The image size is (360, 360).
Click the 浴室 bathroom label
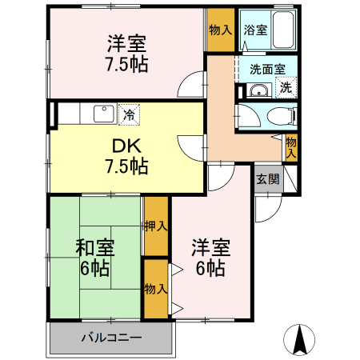coord(256,31)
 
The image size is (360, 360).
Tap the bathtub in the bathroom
coord(285,31)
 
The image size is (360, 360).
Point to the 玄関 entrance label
coord(268,179)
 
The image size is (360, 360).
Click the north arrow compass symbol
coord(300,339)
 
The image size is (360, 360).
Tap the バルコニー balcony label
coord(111,338)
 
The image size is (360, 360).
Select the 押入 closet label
coord(156,226)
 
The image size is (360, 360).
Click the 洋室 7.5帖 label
coord(127,53)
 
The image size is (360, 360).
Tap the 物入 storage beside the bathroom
coord(221,30)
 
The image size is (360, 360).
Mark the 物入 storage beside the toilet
coord(291,146)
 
